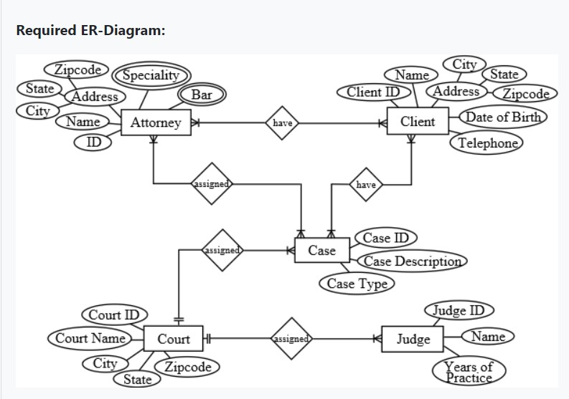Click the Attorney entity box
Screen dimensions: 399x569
click(x=155, y=122)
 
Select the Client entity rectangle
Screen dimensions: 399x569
click(x=417, y=122)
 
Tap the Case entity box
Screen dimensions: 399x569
click(x=321, y=250)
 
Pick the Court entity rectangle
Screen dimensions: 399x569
click(x=174, y=339)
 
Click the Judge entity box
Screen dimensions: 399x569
click(x=413, y=339)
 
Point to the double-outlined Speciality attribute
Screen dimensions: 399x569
click(x=151, y=75)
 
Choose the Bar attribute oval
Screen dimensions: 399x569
click(x=197, y=95)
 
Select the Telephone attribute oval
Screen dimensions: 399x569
click(x=488, y=143)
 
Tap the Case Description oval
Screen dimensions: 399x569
click(x=411, y=261)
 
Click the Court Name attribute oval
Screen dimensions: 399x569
click(x=90, y=338)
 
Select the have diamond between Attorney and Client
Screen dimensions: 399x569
click(x=283, y=123)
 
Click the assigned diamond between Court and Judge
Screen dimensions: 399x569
click(x=291, y=339)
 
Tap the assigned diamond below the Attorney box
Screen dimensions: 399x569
click(x=211, y=184)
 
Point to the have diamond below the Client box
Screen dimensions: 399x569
click(x=366, y=185)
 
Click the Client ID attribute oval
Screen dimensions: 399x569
click(x=373, y=92)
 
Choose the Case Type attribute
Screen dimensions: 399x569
click(x=357, y=284)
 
